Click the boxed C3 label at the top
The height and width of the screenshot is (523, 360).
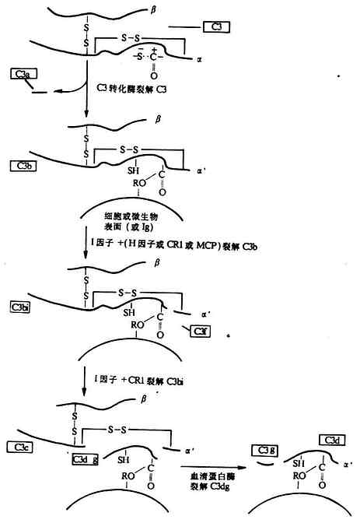[216, 27]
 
